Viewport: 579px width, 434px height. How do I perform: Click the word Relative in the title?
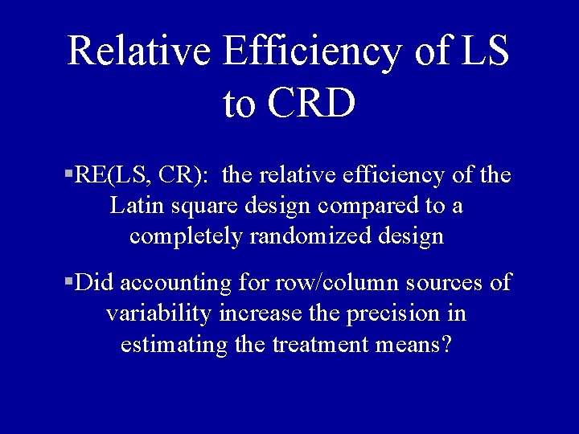(139, 51)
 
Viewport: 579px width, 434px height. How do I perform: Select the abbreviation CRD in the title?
(310, 104)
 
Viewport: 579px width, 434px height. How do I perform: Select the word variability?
(158, 313)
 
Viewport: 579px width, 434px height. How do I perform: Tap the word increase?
(256, 313)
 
